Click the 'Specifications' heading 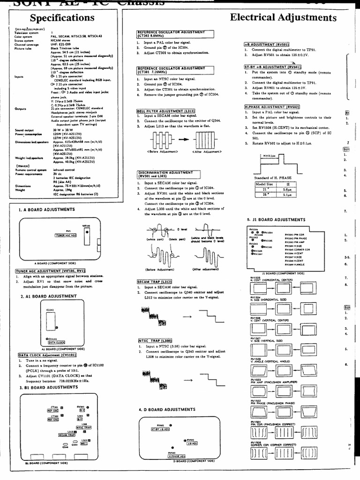[x=62, y=18]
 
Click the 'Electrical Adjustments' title [x=283, y=18]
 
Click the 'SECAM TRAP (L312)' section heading [x=156, y=281]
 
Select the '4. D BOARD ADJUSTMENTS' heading [x=167, y=409]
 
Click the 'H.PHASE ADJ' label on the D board [x=170, y=455]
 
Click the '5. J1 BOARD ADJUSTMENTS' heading [x=276, y=219]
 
